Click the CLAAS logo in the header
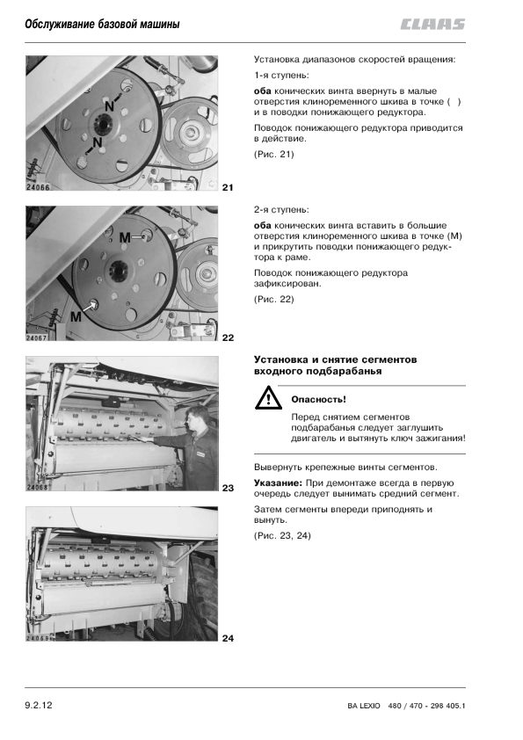pyautogui.click(x=432, y=24)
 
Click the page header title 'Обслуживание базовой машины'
pyautogui.click(x=103, y=24)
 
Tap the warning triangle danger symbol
pyautogui.click(x=269, y=398)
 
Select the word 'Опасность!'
pyautogui.click(x=318, y=400)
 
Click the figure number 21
pyautogui.click(x=228, y=187)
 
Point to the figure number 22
pyautogui.click(x=228, y=337)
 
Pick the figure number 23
pyautogui.click(x=228, y=488)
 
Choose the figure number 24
pyautogui.click(x=228, y=638)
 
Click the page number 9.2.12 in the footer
pyautogui.click(x=39, y=705)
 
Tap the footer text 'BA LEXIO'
pyautogui.click(x=363, y=706)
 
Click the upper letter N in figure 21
pyautogui.click(x=110, y=106)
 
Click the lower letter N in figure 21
pyautogui.click(x=98, y=142)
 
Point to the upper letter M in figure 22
pyautogui.click(x=125, y=238)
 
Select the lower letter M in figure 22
pyautogui.click(x=76, y=316)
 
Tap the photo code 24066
pyautogui.click(x=38, y=187)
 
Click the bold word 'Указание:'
pyautogui.click(x=278, y=482)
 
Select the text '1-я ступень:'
pyautogui.click(x=281, y=76)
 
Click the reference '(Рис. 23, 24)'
pyautogui.click(x=282, y=535)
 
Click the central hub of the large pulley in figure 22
pyautogui.click(x=116, y=271)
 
